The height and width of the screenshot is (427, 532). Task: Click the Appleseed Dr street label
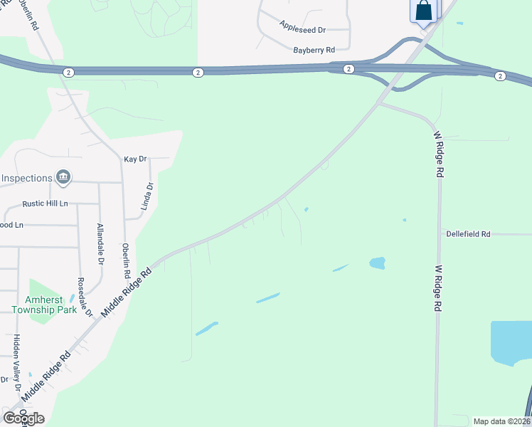click(x=302, y=30)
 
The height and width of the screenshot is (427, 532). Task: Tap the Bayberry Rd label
click(x=314, y=51)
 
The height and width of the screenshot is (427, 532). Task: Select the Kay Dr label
click(x=134, y=159)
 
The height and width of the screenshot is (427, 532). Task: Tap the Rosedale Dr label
click(x=85, y=297)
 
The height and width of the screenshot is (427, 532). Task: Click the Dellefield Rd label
click(x=468, y=233)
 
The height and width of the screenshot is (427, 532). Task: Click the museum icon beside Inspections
click(x=63, y=177)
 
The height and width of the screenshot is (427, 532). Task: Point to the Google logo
click(x=23, y=418)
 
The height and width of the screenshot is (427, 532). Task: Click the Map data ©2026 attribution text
click(x=501, y=421)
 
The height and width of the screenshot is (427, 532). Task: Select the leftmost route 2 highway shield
click(x=68, y=72)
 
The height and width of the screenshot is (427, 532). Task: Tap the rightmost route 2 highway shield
click(x=499, y=76)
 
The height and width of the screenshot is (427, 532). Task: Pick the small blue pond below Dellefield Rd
click(x=377, y=263)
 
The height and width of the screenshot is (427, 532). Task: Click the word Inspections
click(x=26, y=178)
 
